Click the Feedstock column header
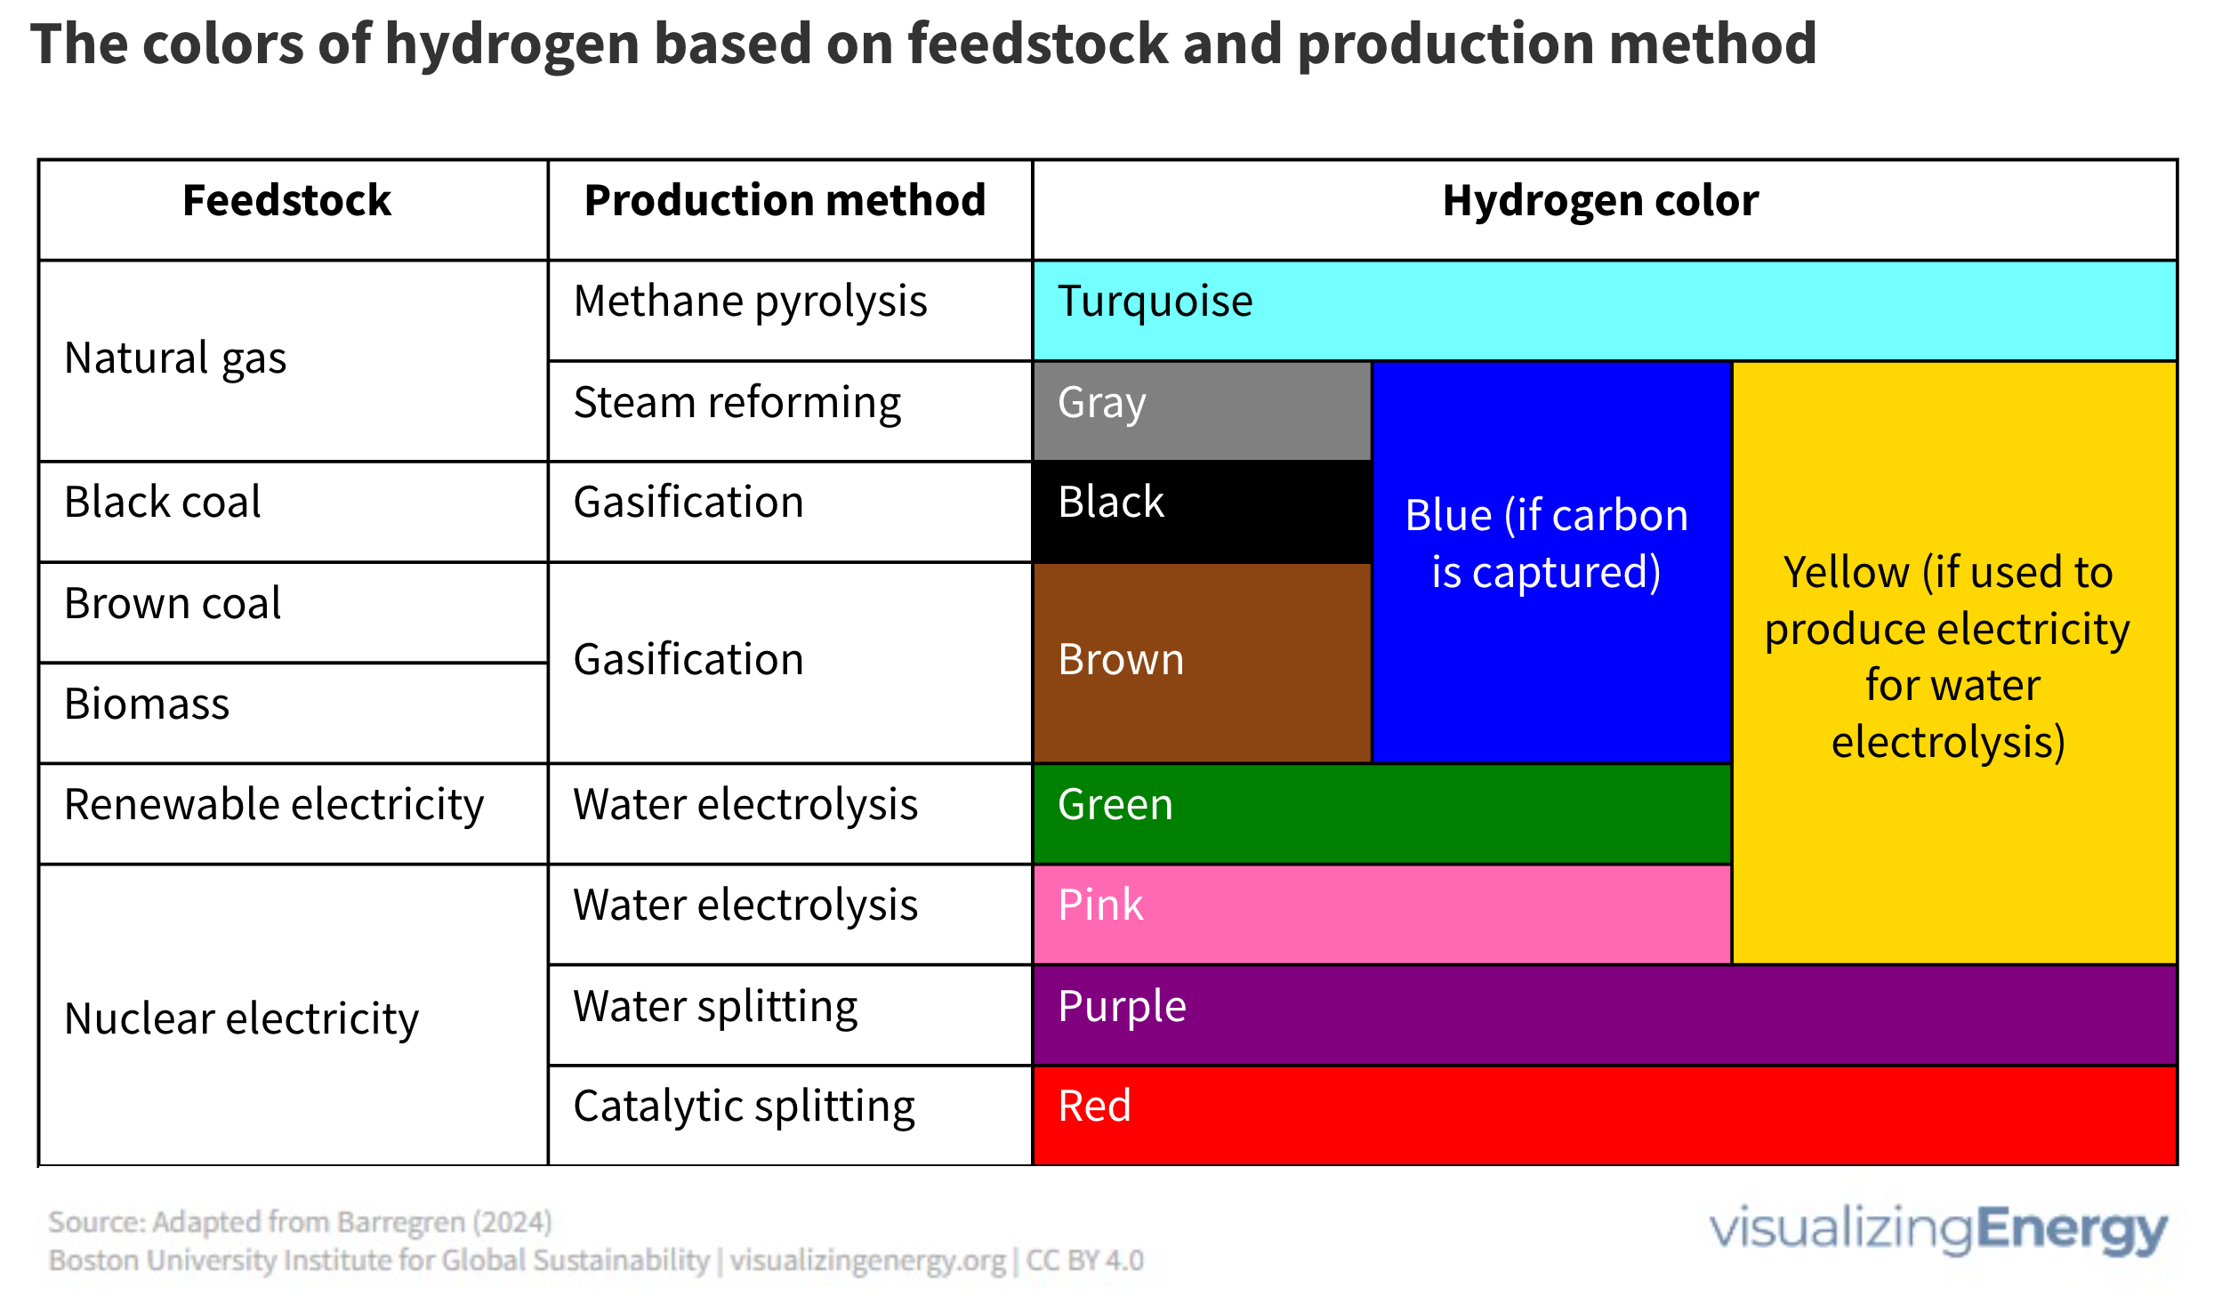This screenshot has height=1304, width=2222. coord(286,201)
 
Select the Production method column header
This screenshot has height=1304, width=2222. coord(785,201)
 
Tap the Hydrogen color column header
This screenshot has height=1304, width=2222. coord(1600,201)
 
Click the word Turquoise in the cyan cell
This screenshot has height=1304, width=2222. coord(1155,302)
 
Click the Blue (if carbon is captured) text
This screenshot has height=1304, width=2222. coord(1547,543)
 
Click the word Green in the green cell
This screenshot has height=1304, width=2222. coord(1115,805)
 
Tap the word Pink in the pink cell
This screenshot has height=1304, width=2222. coord(1100,906)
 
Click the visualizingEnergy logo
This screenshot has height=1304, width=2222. coord(1937,1229)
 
